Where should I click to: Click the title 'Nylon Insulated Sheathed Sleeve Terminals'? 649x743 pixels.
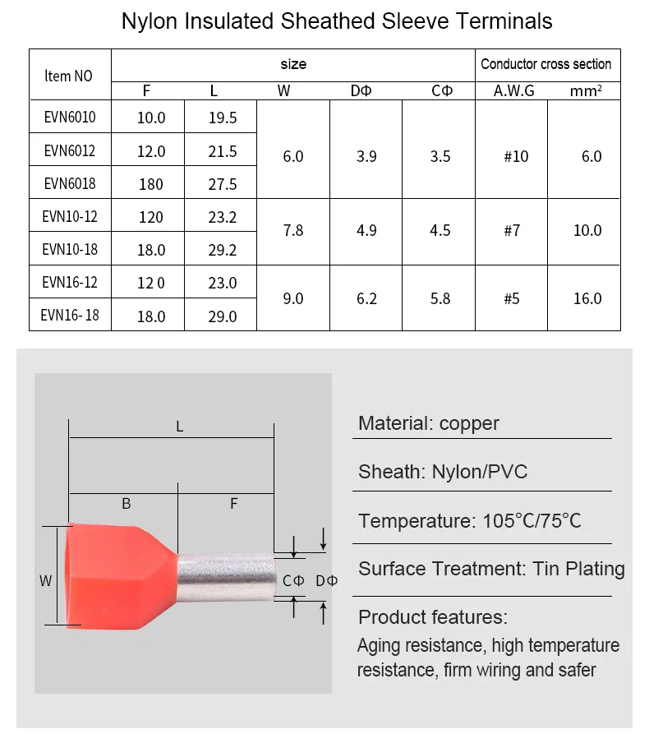[337, 21]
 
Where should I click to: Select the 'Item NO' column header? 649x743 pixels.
[68, 76]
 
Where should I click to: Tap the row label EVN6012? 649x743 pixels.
[70, 150]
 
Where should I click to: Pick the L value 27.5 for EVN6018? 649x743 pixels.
[222, 184]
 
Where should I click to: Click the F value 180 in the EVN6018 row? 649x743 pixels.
[150, 184]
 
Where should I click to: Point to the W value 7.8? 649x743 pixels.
[292, 231]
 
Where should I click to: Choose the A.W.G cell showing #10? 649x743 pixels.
[516, 156]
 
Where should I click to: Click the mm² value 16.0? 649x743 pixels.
[587, 298]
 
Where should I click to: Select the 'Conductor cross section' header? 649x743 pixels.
[545, 64]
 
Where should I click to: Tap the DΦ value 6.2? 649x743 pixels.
[366, 298]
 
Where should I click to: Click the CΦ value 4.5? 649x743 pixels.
[440, 231]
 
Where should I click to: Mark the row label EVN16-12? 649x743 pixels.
[70, 283]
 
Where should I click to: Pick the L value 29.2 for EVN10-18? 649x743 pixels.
[222, 250]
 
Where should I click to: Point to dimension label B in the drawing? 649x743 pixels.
[126, 504]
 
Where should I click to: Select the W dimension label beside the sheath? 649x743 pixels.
[46, 581]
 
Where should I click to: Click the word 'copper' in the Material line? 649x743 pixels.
[469, 423]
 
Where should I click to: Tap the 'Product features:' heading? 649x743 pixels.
[433, 617]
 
